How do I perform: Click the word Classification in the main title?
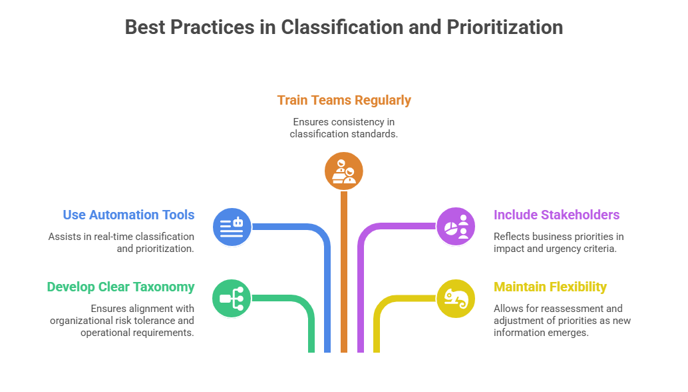(x=342, y=27)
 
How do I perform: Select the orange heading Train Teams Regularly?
(x=344, y=100)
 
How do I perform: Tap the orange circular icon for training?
(x=344, y=171)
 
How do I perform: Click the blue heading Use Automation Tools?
(x=128, y=215)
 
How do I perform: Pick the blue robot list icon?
(x=232, y=227)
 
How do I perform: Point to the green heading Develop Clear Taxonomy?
(x=120, y=287)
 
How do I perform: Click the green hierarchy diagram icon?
(x=232, y=298)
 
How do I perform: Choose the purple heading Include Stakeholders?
(x=556, y=215)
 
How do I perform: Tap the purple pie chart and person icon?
(x=456, y=227)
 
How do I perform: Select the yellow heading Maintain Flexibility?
(x=550, y=287)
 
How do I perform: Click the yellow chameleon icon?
(x=456, y=298)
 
